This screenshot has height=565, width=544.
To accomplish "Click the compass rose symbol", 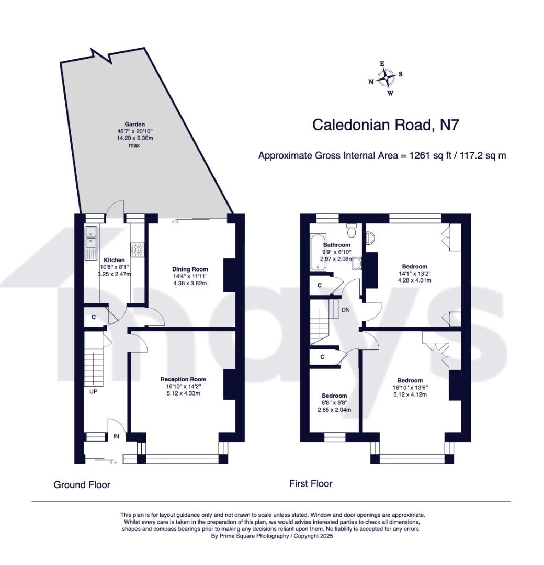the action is tap(386, 78).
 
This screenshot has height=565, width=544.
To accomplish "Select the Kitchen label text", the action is tap(114, 260).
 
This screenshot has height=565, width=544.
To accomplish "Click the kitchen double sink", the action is tap(91, 238).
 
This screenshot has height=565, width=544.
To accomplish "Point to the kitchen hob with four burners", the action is tap(138, 250).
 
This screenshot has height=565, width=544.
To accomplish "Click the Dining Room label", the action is tap(190, 269).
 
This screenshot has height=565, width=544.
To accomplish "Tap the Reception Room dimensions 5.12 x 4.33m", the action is tap(183, 393).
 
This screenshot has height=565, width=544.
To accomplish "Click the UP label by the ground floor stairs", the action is tap(93, 391).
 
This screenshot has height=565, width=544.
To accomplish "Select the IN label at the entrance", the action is tap(116, 436).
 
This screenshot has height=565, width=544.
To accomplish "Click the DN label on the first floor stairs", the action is tap(345, 310).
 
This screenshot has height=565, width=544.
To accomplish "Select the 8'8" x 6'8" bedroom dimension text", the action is tap(334, 402).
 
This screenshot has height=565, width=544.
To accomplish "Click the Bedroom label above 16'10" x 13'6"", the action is tap(410, 380).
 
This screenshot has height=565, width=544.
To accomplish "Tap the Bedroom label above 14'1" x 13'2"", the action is tap(414, 267).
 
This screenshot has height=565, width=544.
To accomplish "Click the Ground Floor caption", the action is tap(82, 484).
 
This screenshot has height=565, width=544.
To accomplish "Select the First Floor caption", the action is tap(311, 483).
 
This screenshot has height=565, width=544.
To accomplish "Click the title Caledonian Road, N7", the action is tap(386, 125).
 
